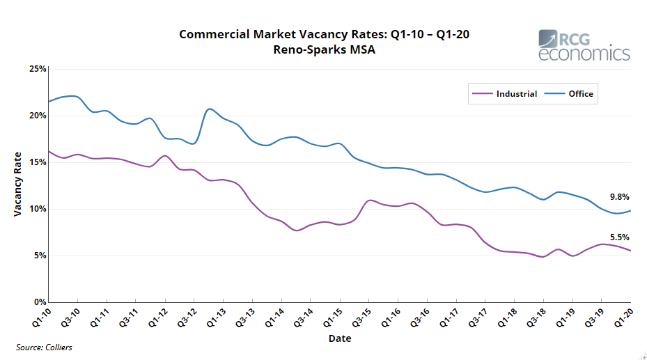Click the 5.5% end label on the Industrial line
[618, 237]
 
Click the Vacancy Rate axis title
[18, 184]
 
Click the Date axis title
[340, 338]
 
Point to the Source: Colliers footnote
[44, 347]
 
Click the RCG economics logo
[584, 45]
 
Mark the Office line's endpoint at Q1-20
[631, 210]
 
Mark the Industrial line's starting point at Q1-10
[49, 151]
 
